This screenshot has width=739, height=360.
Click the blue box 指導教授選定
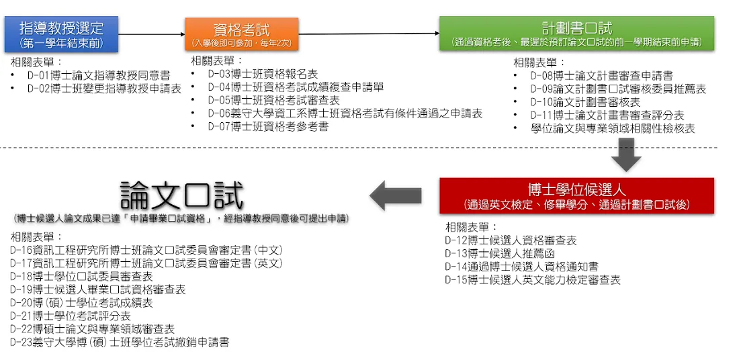coord(61,34)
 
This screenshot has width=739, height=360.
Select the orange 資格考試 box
coord(242,34)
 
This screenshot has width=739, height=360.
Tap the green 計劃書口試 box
coord(577,33)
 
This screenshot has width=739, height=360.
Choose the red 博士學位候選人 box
coord(577,195)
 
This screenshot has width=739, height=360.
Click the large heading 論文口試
coord(182,195)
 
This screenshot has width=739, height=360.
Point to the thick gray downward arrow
coord(626,154)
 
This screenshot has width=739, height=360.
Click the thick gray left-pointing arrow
coord(395,195)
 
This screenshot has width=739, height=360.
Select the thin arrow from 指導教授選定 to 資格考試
coord(152,34)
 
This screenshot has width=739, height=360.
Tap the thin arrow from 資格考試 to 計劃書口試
coord(369,34)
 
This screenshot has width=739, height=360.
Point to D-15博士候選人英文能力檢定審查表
coord(533,280)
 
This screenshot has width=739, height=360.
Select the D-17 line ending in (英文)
coord(146,263)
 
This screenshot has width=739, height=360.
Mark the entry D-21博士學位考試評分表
coord(71,316)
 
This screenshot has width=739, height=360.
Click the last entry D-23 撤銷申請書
coord(120,342)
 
